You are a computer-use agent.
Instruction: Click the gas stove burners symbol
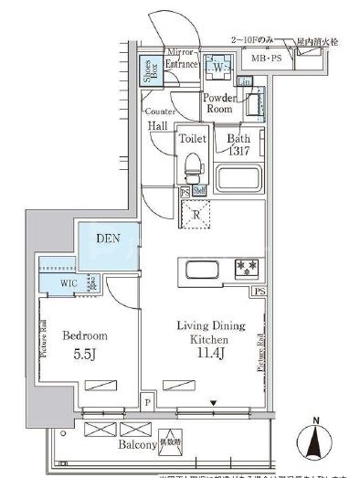(x=246, y=270)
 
